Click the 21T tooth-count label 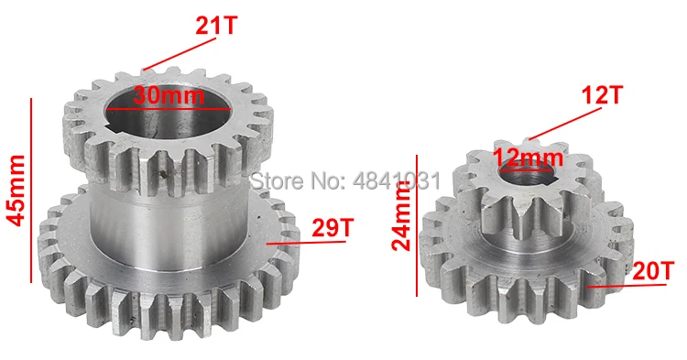(215, 26)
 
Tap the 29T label (333, 227)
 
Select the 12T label (602, 94)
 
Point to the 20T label (652, 271)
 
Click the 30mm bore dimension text (169, 95)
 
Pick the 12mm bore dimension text (528, 157)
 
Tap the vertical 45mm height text (17, 191)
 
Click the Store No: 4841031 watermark (345, 180)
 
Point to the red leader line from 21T (180, 54)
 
